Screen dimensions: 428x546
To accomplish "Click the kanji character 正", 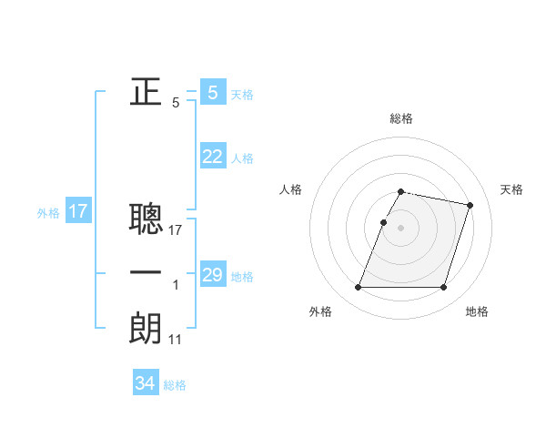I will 146,91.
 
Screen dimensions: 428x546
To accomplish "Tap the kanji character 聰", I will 146,218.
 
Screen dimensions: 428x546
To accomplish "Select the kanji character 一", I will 146,273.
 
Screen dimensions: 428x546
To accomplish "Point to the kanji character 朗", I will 146,328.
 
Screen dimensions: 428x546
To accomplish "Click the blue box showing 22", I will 212,157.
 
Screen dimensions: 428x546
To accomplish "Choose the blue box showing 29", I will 212,275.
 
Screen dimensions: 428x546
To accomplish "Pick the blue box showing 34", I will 145,383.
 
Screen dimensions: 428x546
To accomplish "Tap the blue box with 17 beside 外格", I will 78,212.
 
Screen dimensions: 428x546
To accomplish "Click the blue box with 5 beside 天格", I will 212,93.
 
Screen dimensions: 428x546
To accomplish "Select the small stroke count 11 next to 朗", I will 176,339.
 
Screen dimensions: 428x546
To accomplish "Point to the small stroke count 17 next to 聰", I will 176,230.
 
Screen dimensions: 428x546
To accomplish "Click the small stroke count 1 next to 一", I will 176,286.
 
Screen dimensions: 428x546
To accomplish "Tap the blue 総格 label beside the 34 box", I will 175,385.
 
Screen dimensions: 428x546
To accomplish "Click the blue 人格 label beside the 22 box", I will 242,158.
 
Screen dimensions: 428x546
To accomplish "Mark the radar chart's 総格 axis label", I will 401,119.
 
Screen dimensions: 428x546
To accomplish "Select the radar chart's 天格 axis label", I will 511,189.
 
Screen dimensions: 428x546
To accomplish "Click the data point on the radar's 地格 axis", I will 443,288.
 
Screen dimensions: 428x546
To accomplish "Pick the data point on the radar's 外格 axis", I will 359,288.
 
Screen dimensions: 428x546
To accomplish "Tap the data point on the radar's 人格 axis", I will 383,222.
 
